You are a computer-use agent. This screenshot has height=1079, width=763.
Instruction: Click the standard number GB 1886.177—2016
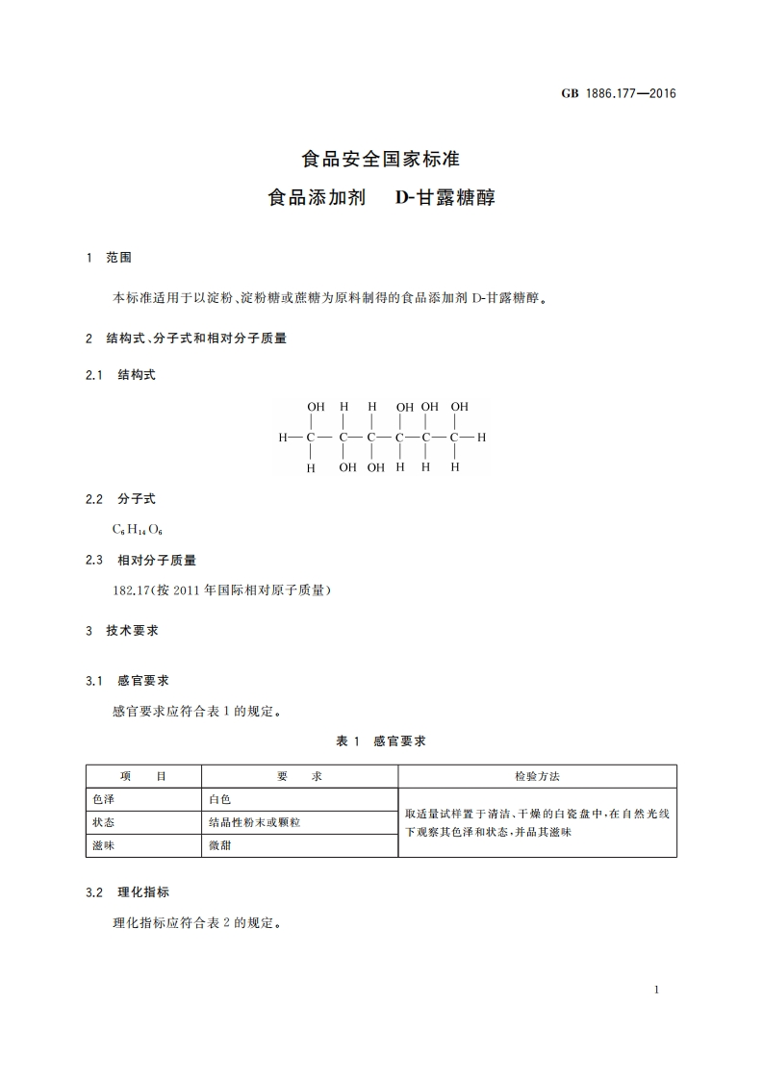[x=619, y=93]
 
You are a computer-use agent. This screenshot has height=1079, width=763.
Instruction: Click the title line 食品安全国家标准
[x=381, y=158]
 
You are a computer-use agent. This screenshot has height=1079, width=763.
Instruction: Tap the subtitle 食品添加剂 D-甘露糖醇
[x=381, y=199]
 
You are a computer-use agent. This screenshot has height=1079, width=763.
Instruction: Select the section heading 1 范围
[x=109, y=258]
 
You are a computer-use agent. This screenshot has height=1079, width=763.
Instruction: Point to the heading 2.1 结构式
[x=120, y=375]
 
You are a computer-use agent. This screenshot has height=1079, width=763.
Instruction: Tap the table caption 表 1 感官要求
[x=381, y=740]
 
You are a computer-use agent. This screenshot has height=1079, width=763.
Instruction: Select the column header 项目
[x=143, y=776]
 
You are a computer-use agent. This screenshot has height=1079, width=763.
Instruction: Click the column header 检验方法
[x=537, y=776]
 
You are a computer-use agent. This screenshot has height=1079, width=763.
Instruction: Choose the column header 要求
[x=299, y=776]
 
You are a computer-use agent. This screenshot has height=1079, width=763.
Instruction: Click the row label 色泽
[x=104, y=799]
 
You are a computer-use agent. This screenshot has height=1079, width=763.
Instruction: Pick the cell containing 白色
[x=220, y=799]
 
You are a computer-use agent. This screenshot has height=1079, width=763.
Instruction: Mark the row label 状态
[x=104, y=822]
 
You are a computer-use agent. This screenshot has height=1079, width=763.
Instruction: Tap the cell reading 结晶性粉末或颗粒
[x=255, y=822]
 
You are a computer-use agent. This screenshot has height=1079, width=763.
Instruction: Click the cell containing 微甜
[x=220, y=846]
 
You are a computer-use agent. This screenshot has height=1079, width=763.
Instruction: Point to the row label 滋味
[x=104, y=846]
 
